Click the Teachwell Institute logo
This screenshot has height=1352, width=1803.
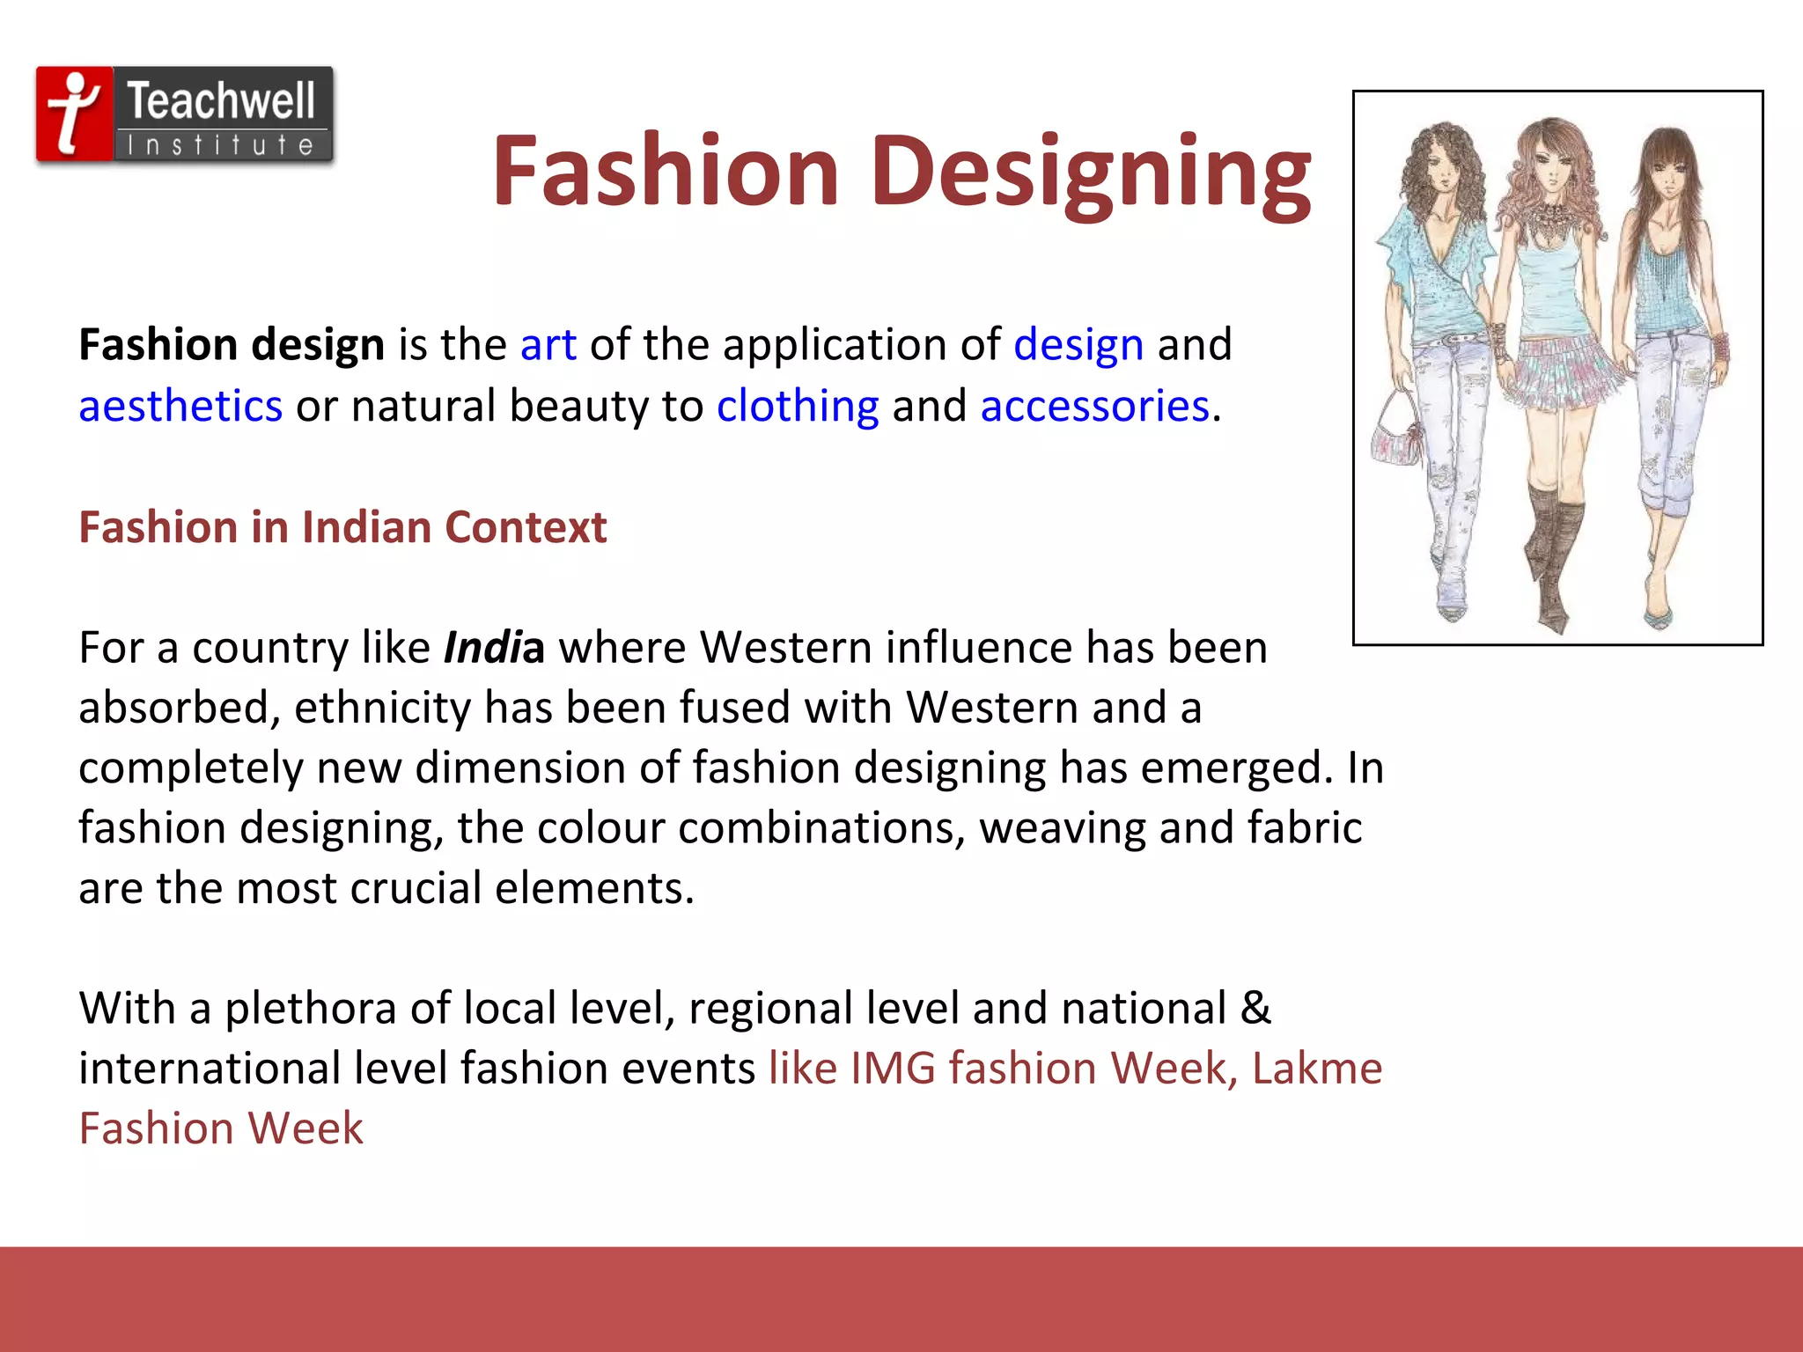tap(185, 115)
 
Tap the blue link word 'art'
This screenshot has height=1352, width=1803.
tap(548, 344)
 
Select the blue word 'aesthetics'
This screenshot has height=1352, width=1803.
tap(180, 406)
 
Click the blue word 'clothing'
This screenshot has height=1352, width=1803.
tap(798, 406)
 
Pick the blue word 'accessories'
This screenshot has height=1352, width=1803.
tap(1094, 406)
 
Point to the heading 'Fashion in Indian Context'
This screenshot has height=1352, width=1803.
tap(342, 527)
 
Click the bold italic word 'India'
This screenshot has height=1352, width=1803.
tap(493, 648)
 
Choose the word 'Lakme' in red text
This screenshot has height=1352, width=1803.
tap(1316, 1069)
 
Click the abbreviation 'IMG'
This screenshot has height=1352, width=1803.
tap(893, 1069)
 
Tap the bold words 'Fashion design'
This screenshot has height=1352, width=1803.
tap(232, 344)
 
